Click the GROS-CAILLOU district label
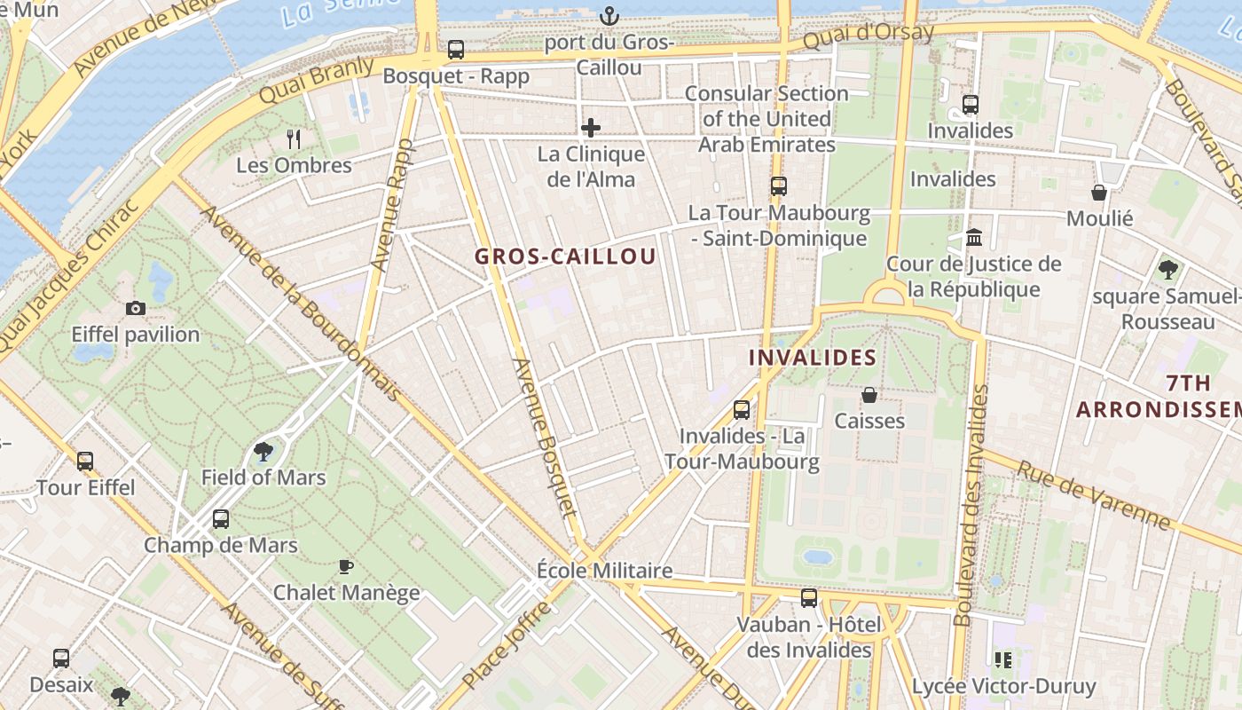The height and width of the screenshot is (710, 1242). click(x=565, y=257)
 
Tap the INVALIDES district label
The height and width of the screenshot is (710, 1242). click(x=813, y=358)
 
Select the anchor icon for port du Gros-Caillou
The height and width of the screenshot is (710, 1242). click(x=609, y=16)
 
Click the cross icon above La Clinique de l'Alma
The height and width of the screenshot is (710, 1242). click(x=591, y=128)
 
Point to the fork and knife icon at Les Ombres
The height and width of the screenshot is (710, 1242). click(x=294, y=139)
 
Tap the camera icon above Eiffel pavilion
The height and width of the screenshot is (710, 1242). click(x=136, y=309)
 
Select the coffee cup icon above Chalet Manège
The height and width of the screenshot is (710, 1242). click(x=346, y=566)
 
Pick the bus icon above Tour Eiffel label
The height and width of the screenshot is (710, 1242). click(x=85, y=461)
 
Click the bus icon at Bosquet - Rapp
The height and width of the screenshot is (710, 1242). click(x=456, y=50)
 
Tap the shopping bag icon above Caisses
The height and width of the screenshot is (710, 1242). click(x=869, y=395)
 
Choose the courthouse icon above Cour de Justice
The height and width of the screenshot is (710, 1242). click(x=974, y=238)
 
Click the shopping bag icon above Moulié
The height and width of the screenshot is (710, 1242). click(x=1099, y=193)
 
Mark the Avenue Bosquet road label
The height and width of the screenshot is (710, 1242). click(x=545, y=437)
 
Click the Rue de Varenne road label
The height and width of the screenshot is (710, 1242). click(x=1093, y=495)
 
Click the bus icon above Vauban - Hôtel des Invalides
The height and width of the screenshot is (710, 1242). click(x=809, y=598)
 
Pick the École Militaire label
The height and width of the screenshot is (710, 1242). click(x=605, y=571)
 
